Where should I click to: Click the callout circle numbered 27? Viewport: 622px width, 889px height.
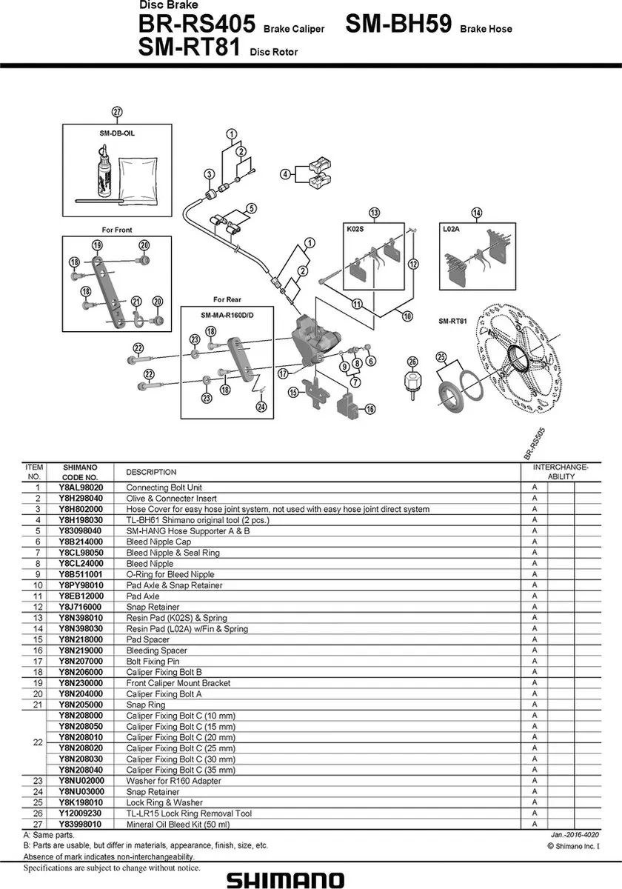tap(117, 112)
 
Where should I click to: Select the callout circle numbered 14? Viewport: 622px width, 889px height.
tap(476, 213)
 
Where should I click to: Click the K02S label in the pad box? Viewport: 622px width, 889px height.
tap(355, 229)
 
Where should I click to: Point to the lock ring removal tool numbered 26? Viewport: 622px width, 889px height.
tap(412, 382)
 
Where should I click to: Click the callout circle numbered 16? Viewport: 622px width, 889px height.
tap(369, 409)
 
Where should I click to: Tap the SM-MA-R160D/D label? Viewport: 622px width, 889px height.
tap(227, 315)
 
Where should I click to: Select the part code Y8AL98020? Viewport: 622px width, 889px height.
tap(81, 487)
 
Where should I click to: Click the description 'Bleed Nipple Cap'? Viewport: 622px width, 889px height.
tap(158, 542)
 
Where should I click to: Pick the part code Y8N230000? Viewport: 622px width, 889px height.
tap(81, 682)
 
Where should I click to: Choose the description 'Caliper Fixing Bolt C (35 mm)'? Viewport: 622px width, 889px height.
tap(181, 770)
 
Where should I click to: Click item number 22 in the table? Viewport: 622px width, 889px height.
tap(38, 742)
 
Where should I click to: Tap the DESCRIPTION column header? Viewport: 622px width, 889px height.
tap(151, 472)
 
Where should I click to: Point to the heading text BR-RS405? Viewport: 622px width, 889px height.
tap(197, 24)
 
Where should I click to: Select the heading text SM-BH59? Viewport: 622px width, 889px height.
tap(398, 24)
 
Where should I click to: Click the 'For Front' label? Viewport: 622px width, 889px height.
tap(117, 230)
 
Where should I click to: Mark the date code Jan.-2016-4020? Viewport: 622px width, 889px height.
tap(575, 835)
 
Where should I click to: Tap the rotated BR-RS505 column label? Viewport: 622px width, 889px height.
tap(535, 444)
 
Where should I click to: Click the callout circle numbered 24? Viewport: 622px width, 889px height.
tap(261, 407)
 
